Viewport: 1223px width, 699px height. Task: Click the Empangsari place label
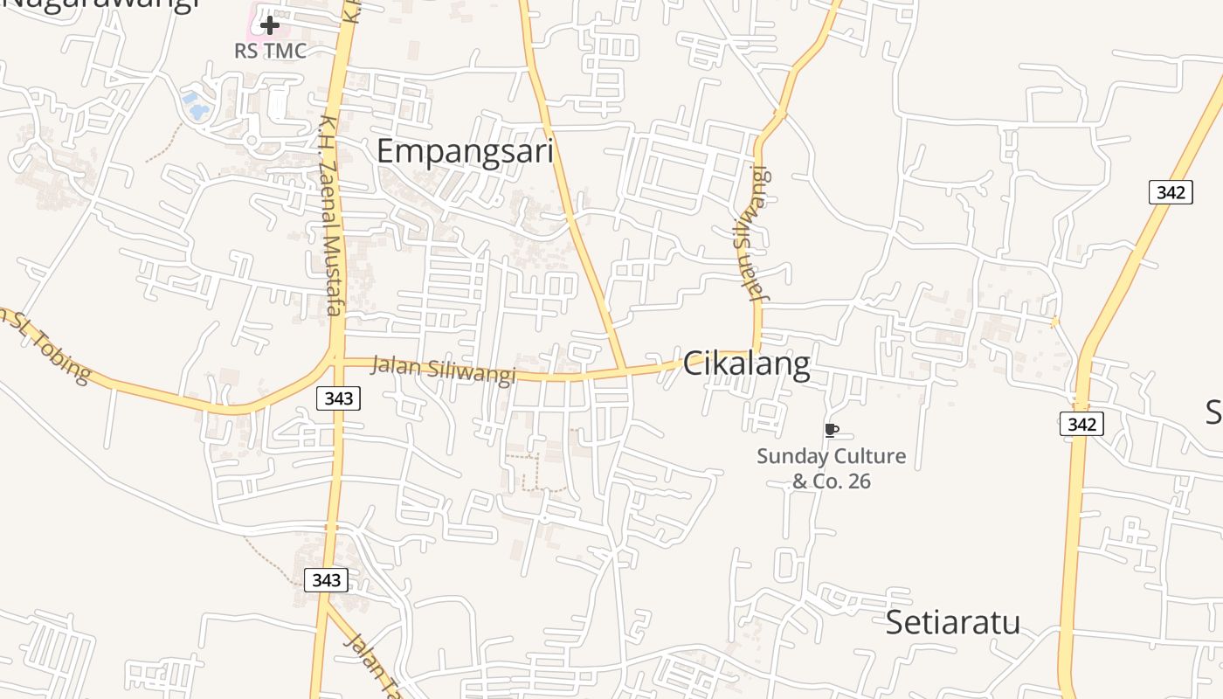[x=465, y=151]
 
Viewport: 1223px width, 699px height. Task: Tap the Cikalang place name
[x=746, y=363]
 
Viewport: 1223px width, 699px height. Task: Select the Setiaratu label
[x=953, y=622]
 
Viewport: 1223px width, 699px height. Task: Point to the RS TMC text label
[x=271, y=51]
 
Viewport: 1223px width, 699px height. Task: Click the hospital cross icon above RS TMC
[x=270, y=25]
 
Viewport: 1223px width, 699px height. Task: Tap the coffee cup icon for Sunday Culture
[x=831, y=430]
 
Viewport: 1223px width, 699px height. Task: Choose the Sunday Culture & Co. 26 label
[x=831, y=468]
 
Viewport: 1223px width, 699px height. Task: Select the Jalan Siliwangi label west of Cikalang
[x=443, y=369]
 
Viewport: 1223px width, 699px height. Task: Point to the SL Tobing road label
[x=48, y=345]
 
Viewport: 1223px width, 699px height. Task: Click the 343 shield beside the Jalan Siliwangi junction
[x=338, y=398]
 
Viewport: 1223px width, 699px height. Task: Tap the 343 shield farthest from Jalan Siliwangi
[x=326, y=579]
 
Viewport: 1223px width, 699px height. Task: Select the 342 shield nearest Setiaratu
[x=1081, y=425]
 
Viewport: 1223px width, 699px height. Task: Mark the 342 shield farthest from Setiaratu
[x=1170, y=192]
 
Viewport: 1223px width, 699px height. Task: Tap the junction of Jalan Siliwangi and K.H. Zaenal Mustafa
[x=337, y=358]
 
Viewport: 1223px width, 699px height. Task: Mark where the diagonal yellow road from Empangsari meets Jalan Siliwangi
[x=624, y=370]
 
